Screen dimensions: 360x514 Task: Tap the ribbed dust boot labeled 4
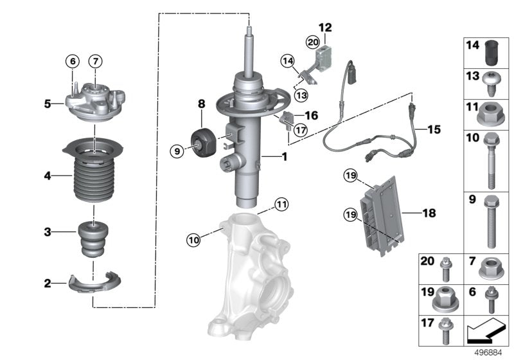pyautogui.click(x=94, y=177)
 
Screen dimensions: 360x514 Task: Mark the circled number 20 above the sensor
pyautogui.click(x=313, y=42)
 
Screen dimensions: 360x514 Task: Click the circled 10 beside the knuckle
pyautogui.click(x=193, y=240)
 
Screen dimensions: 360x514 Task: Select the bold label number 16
pyautogui.click(x=311, y=116)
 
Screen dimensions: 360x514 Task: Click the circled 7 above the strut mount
pyautogui.click(x=94, y=61)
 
